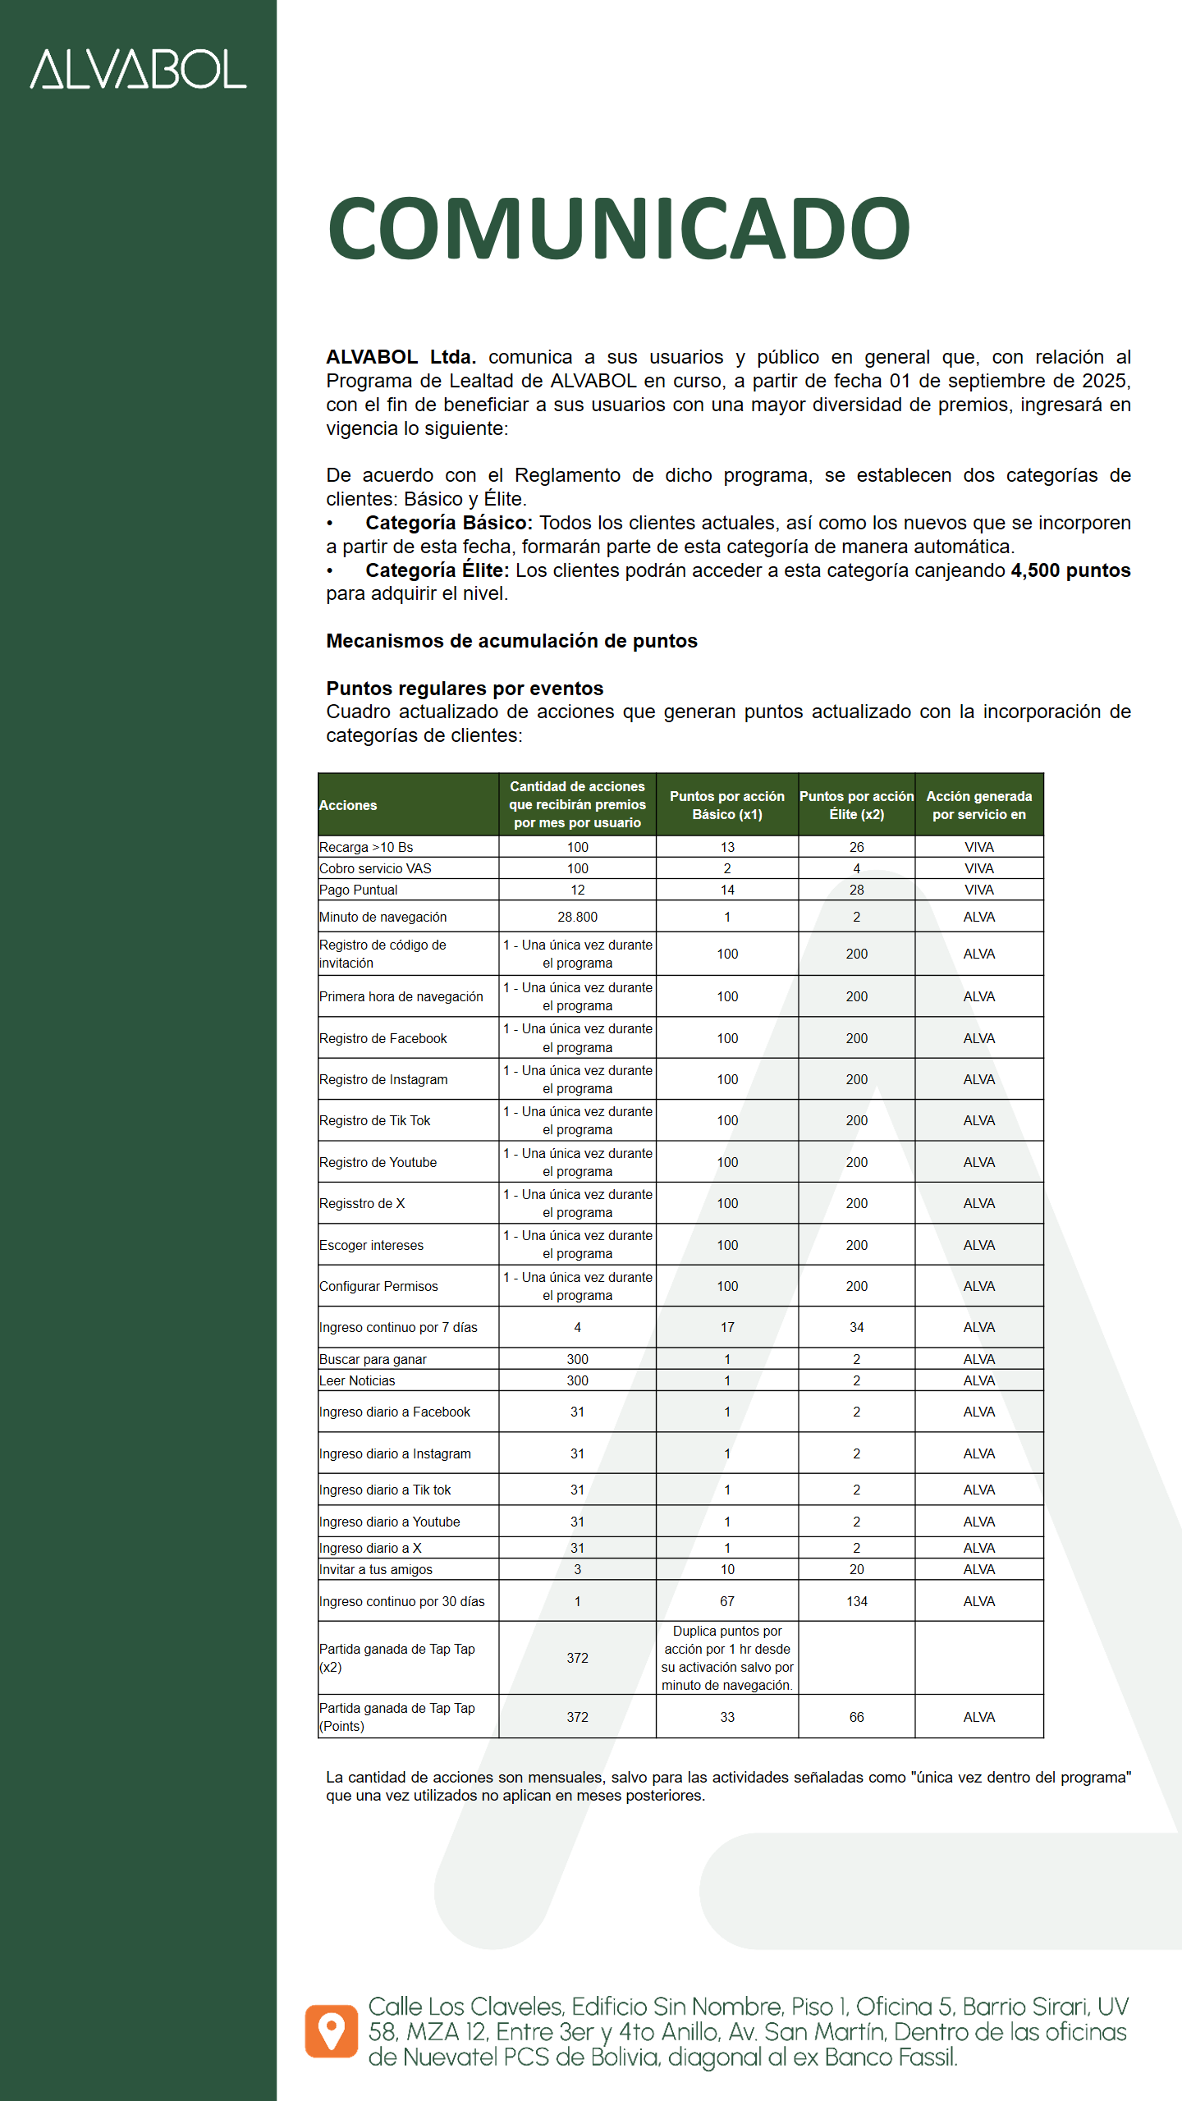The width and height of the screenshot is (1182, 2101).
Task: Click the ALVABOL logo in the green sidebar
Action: coord(138,69)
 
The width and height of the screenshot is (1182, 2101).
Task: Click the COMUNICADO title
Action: coord(619,228)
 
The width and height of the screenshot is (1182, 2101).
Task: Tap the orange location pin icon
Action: coord(332,2031)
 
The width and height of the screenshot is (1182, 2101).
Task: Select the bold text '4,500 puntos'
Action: coord(1070,570)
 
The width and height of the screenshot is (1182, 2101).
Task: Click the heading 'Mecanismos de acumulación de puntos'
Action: coord(511,641)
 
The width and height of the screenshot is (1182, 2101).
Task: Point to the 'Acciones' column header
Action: coord(348,805)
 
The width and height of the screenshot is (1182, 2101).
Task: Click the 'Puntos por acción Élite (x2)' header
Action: coord(856,805)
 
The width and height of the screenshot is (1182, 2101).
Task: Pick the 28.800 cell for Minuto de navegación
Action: coord(577,917)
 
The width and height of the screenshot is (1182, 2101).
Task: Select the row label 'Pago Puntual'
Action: coord(358,890)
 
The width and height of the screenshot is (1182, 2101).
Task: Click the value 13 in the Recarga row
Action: coord(727,847)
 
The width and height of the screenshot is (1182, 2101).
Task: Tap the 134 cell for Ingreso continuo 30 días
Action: coord(856,1601)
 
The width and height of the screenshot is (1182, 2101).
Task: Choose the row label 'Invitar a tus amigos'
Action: coord(376,1569)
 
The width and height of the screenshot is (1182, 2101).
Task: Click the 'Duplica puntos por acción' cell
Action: coord(727,1658)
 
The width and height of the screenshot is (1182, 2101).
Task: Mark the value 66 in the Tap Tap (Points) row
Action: coord(856,1717)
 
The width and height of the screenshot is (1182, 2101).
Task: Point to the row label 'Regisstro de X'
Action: coord(362,1203)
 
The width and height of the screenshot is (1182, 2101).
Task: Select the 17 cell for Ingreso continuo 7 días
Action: coord(727,1327)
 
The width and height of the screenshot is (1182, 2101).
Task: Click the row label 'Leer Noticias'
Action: coord(357,1380)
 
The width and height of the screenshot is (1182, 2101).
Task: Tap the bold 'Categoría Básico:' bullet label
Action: coord(449,523)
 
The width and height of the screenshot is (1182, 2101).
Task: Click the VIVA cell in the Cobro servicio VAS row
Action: coord(978,868)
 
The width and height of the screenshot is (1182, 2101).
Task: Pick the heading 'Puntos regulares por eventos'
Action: coord(465,689)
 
